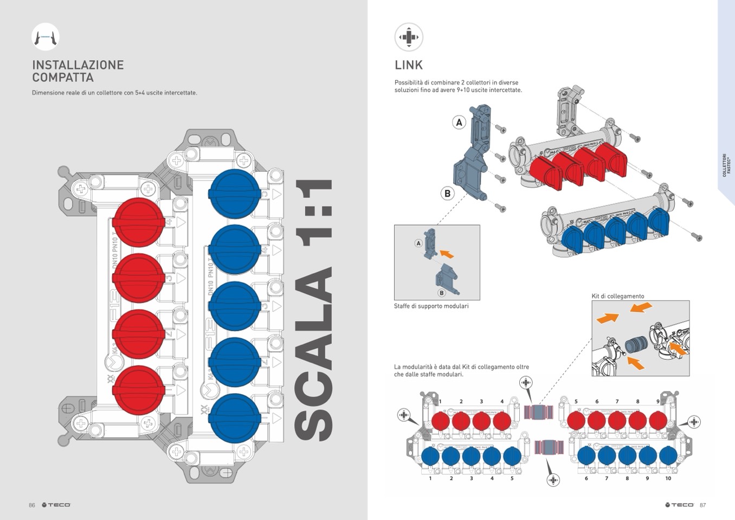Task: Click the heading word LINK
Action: click(408, 65)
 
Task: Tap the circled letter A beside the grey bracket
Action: click(459, 123)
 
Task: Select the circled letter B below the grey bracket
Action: click(447, 193)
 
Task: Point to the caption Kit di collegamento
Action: click(618, 296)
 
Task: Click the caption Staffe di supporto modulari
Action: click(431, 306)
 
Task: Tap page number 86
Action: click(32, 505)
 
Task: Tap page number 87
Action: click(702, 505)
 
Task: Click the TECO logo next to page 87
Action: click(680, 505)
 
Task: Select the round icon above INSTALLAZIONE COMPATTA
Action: click(46, 37)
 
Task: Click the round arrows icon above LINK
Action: click(409, 37)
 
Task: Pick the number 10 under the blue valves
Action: click(668, 478)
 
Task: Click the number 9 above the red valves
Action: click(658, 402)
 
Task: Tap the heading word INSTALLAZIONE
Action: click(78, 65)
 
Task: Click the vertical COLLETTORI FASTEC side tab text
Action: click(726, 164)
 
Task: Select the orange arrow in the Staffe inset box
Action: click(446, 253)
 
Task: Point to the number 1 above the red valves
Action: click(440, 402)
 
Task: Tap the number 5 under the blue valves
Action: click(512, 478)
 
